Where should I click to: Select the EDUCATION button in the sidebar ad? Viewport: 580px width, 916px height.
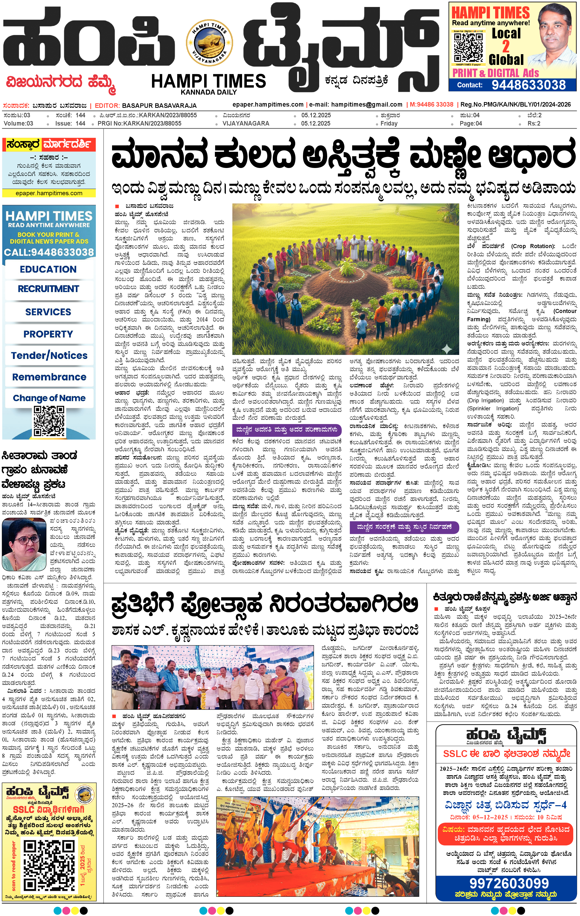click(48, 269)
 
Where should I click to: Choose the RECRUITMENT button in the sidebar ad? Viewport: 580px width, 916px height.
click(48, 289)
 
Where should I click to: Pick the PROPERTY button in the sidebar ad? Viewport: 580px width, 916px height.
click(48, 334)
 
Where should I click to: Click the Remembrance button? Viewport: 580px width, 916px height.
click(49, 377)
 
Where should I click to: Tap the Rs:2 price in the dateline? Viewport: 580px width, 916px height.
click(534, 123)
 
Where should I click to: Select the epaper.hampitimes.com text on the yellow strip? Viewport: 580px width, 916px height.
click(49, 193)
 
